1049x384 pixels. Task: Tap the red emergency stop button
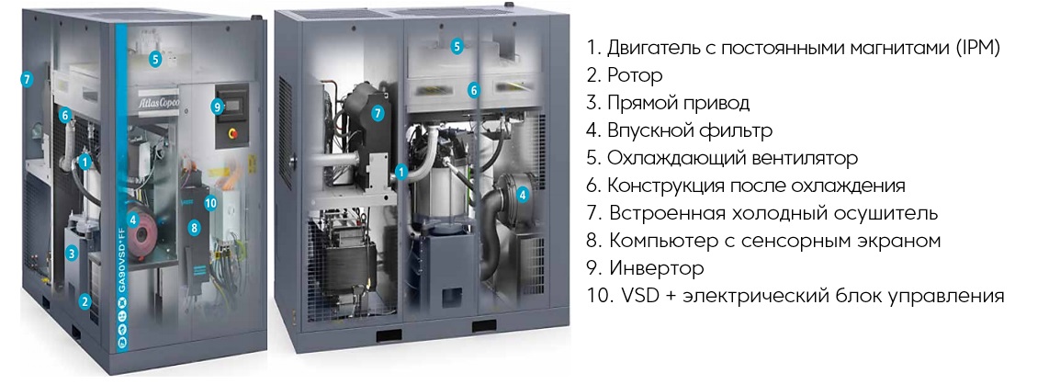[x=231, y=134]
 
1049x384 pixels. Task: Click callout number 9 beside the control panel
[x=216, y=106]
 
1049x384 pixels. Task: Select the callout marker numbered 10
[x=210, y=203]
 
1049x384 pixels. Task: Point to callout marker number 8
[x=194, y=228]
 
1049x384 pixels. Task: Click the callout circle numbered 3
[x=72, y=253]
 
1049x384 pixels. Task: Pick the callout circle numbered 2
[x=85, y=301]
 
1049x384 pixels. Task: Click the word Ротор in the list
[x=635, y=75]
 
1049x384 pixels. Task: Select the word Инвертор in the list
[x=657, y=269]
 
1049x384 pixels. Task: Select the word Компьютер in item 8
[x=670, y=242]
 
